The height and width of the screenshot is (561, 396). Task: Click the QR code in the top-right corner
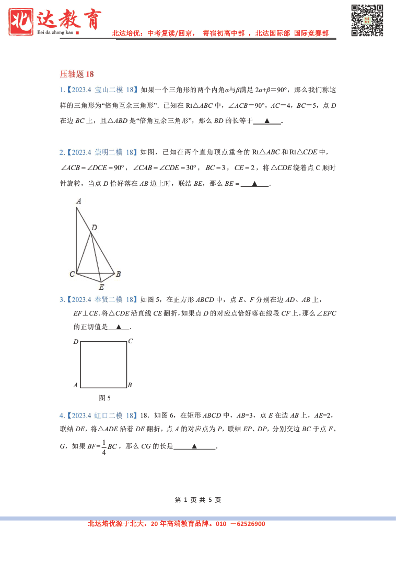pos(367,20)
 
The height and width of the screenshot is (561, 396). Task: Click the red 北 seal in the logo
pos(21,20)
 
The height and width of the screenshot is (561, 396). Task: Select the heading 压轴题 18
pos(77,74)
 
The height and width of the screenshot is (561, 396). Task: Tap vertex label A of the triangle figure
pos(78,200)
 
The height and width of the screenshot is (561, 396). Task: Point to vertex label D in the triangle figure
pos(94,227)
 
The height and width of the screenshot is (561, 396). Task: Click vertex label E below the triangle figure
pos(101,287)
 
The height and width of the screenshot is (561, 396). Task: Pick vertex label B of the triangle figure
pos(119,274)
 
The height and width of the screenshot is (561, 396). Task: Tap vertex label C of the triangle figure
pos(72,274)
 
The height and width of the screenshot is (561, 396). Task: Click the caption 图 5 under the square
pos(104,398)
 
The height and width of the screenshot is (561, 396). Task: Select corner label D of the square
pos(76,342)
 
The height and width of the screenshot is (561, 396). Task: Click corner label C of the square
pos(130,341)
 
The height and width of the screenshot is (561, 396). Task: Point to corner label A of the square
pos(76,385)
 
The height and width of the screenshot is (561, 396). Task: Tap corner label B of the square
pos(130,385)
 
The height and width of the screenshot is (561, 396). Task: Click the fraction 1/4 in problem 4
pos(104,447)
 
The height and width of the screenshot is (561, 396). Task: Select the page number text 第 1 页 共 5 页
pos(198,500)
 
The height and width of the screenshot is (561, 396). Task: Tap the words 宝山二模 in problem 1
pos(109,90)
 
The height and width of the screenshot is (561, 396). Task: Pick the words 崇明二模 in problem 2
pos(109,152)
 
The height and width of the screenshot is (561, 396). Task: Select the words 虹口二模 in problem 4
pos(109,416)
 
